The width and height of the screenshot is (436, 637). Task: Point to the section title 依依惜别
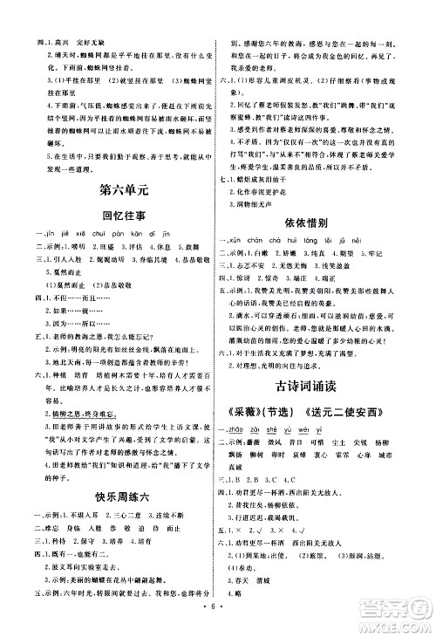[x=324, y=223]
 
